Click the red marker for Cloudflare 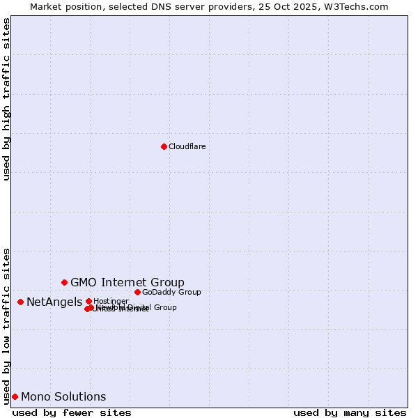[x=164, y=146]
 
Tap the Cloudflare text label [x=187, y=146]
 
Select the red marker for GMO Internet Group [x=64, y=282]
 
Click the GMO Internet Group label [x=127, y=282]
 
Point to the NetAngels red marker [x=20, y=302]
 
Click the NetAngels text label [x=54, y=302]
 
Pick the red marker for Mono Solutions [x=15, y=396]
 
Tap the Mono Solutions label [x=63, y=397]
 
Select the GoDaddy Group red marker [x=137, y=292]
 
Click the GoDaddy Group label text [x=171, y=292]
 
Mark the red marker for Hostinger [x=88, y=301]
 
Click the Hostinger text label [x=111, y=301]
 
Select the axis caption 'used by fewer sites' [x=72, y=412]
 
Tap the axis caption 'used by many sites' [x=350, y=412]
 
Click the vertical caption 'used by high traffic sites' [x=6, y=99]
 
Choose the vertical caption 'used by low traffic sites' [x=6, y=325]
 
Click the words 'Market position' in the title [x=62, y=6]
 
